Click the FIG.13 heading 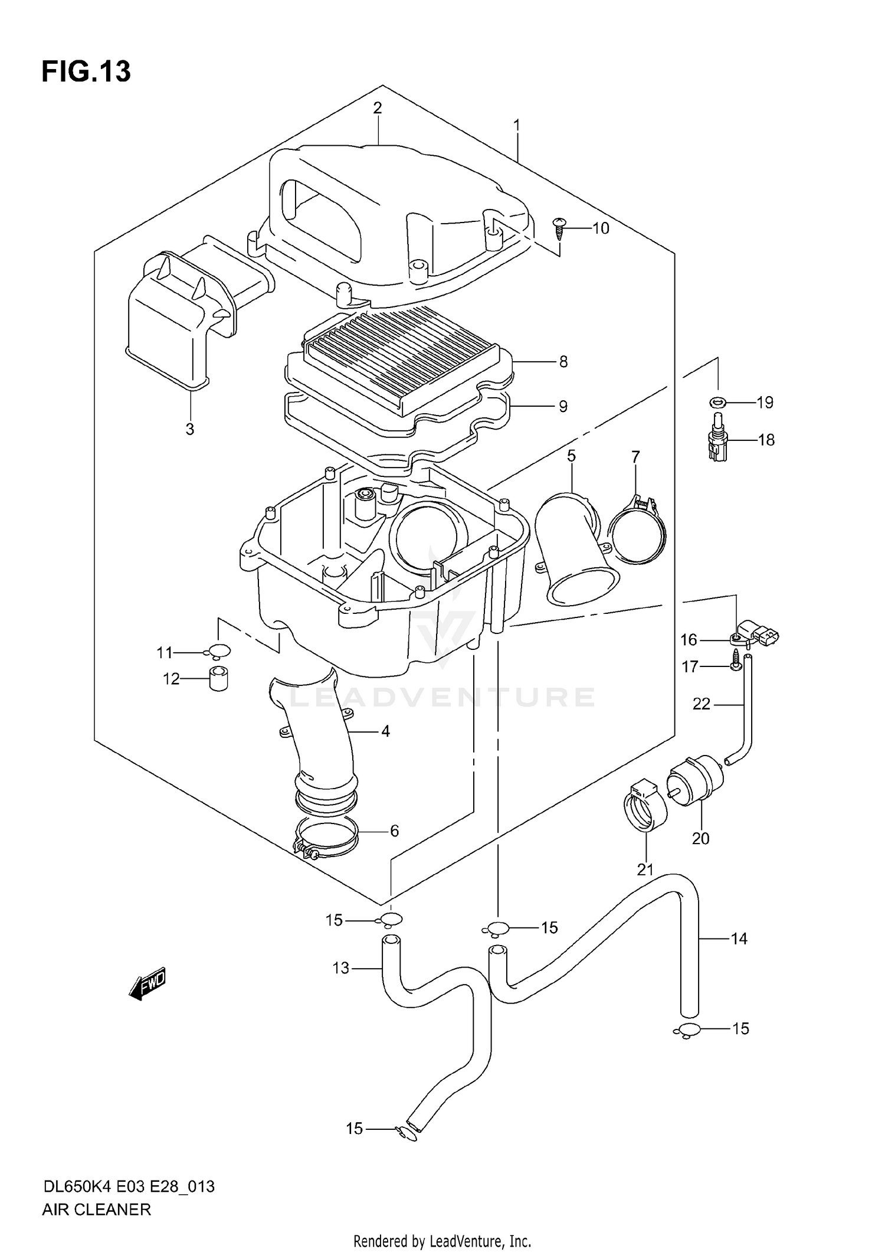tap(86, 72)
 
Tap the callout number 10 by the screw tap(600, 228)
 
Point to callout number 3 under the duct tap(189, 429)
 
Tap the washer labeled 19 tap(717, 403)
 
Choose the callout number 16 tap(689, 640)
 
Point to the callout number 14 tap(739, 939)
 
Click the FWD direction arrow tap(147, 983)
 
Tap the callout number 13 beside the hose tap(341, 968)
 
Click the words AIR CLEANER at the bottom tap(97, 1209)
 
